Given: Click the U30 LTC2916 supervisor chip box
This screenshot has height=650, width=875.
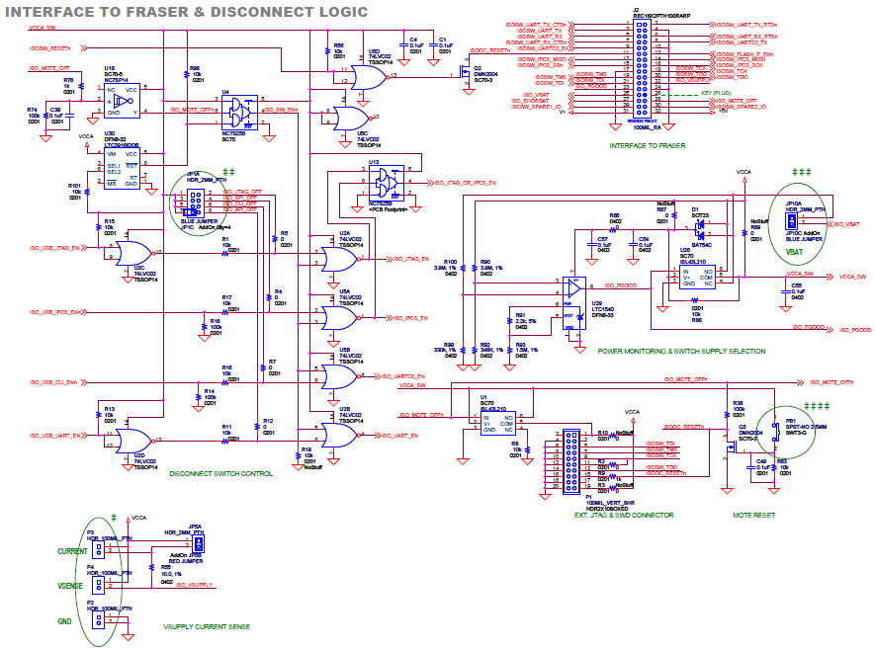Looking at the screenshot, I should (123, 168).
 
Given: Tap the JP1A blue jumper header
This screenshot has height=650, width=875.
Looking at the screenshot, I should (195, 202).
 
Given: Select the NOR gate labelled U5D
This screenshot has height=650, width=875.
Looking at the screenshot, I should (366, 76).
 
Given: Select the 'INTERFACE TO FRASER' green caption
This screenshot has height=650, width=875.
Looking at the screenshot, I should (646, 145).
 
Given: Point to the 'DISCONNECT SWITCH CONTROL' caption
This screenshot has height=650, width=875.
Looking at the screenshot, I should (221, 474).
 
